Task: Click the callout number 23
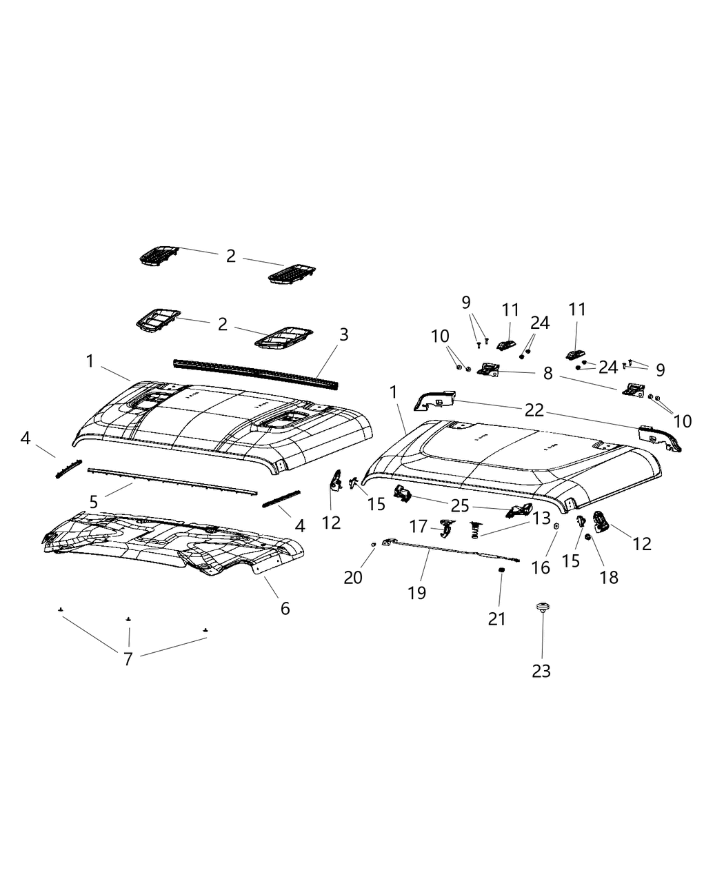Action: (541, 670)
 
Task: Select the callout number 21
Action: (496, 619)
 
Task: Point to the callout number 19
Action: (416, 592)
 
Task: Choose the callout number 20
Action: (353, 576)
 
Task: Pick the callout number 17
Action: (419, 527)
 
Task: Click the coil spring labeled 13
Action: (475, 529)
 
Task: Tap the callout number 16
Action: (541, 567)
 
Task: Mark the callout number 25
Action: (460, 505)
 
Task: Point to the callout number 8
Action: (547, 374)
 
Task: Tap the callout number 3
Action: (343, 335)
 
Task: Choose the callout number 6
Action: (285, 608)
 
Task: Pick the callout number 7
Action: (128, 658)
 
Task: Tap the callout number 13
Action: (541, 517)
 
